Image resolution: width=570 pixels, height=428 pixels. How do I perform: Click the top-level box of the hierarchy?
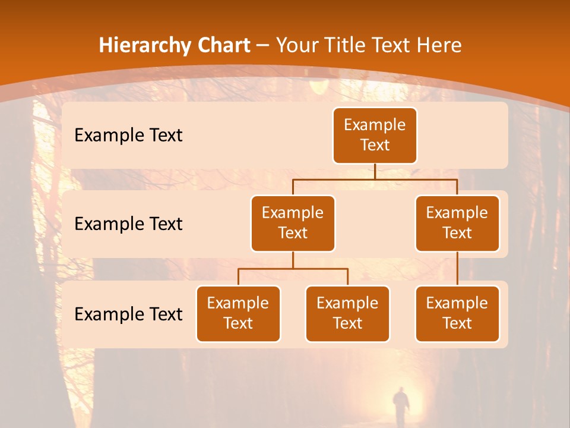click(x=375, y=135)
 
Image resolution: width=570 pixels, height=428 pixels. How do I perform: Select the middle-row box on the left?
click(x=293, y=223)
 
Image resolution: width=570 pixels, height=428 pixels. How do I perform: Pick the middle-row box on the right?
click(x=457, y=223)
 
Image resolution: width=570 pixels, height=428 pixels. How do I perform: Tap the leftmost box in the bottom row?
click(x=238, y=313)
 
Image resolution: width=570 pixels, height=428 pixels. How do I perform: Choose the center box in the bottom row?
click(x=347, y=313)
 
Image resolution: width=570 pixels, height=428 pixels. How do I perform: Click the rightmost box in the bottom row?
click(x=457, y=313)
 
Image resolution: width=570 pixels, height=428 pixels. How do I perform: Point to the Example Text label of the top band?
click(x=128, y=135)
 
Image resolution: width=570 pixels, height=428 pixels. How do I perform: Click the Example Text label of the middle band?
click(x=128, y=224)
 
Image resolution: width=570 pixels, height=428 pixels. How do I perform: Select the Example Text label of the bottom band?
click(x=128, y=314)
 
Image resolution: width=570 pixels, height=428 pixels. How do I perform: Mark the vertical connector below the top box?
click(x=375, y=171)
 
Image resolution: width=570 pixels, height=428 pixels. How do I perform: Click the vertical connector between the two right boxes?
click(x=457, y=269)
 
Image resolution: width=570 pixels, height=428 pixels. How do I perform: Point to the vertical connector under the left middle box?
click(x=293, y=260)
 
